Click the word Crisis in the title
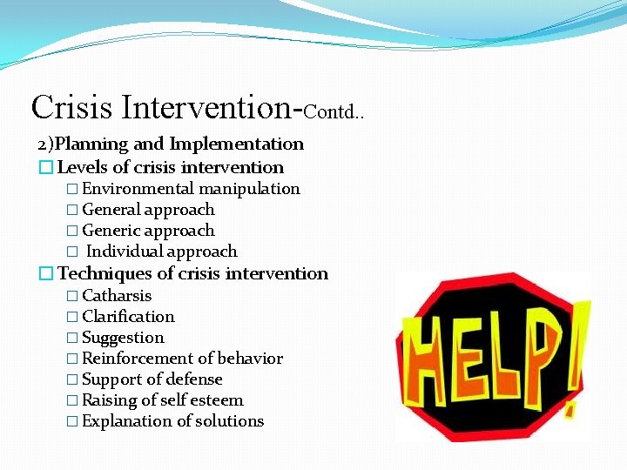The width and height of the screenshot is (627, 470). click(x=72, y=107)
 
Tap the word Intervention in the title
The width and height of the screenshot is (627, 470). click(x=208, y=107)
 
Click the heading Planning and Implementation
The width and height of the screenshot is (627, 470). click(x=171, y=144)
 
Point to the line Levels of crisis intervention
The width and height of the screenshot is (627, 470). click(x=170, y=167)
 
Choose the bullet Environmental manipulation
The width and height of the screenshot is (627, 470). click(x=191, y=189)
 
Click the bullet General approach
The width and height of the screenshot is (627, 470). click(x=148, y=210)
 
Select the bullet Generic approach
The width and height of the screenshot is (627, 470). click(x=148, y=231)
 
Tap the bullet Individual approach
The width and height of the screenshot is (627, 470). click(x=162, y=252)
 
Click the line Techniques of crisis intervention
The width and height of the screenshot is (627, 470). click(x=192, y=273)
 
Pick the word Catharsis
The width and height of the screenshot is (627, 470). click(x=117, y=296)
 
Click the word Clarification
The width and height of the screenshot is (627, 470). click(x=128, y=317)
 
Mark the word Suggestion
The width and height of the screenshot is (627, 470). click(x=123, y=338)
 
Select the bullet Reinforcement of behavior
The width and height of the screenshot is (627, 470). click(x=182, y=359)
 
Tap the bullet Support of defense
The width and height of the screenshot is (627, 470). click(x=152, y=379)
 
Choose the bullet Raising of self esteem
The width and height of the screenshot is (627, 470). click(x=163, y=400)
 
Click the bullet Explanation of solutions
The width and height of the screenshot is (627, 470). click(x=172, y=421)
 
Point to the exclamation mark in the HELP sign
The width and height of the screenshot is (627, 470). click(x=575, y=344)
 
